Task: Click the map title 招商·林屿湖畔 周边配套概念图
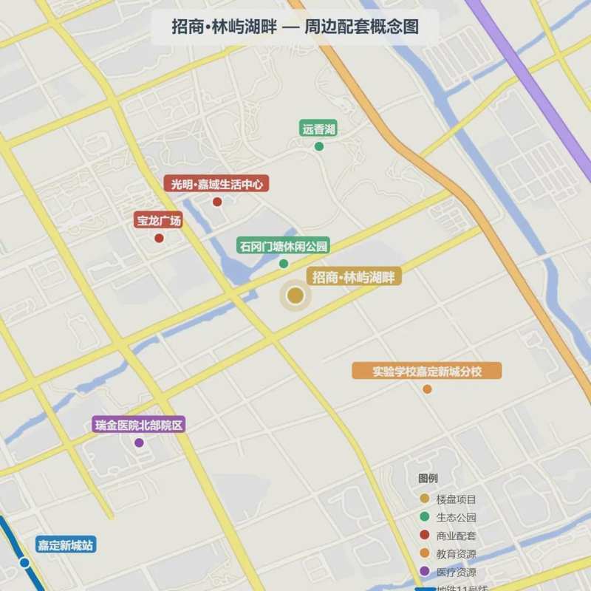point(295,27)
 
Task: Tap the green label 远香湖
point(318,129)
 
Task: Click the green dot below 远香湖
point(319,146)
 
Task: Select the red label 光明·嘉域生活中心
point(216,184)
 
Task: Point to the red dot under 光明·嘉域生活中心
point(217,202)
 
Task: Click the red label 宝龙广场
point(158,221)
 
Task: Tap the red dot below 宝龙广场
point(159,238)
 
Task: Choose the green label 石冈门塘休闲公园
point(282,246)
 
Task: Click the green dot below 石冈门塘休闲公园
point(283,264)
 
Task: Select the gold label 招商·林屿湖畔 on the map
point(354,277)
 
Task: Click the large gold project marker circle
point(295,296)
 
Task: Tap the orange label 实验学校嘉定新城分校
point(427,372)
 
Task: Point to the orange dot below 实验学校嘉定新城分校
point(427,389)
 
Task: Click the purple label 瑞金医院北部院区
point(138,425)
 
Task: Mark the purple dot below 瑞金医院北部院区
point(139,443)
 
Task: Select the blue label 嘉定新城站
point(66,546)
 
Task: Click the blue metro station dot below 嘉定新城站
point(24,563)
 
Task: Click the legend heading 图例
point(428,479)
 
